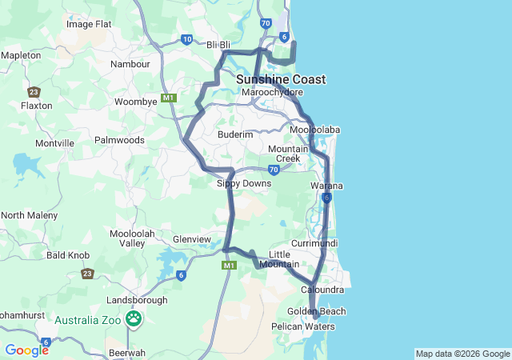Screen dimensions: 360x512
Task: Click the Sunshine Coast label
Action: point(281,79)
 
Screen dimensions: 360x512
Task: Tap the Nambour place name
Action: point(130,63)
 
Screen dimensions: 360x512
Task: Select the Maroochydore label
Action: point(270,93)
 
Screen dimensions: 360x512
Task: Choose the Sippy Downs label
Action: point(244,183)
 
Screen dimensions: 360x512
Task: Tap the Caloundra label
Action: point(322,289)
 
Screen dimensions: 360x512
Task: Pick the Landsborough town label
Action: point(137,300)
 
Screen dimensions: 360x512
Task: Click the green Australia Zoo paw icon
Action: point(134,320)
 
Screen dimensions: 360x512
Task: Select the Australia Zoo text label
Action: point(87,320)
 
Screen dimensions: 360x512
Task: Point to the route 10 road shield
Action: point(186,39)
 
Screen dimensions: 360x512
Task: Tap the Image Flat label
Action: point(89,24)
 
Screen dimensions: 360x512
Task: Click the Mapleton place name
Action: point(22,55)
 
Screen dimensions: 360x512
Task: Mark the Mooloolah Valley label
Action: point(126,238)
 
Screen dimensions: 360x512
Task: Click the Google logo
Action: point(26,350)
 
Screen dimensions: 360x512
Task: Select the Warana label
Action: point(326,186)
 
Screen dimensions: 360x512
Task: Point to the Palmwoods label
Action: point(119,140)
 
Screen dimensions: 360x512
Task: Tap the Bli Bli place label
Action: point(218,45)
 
